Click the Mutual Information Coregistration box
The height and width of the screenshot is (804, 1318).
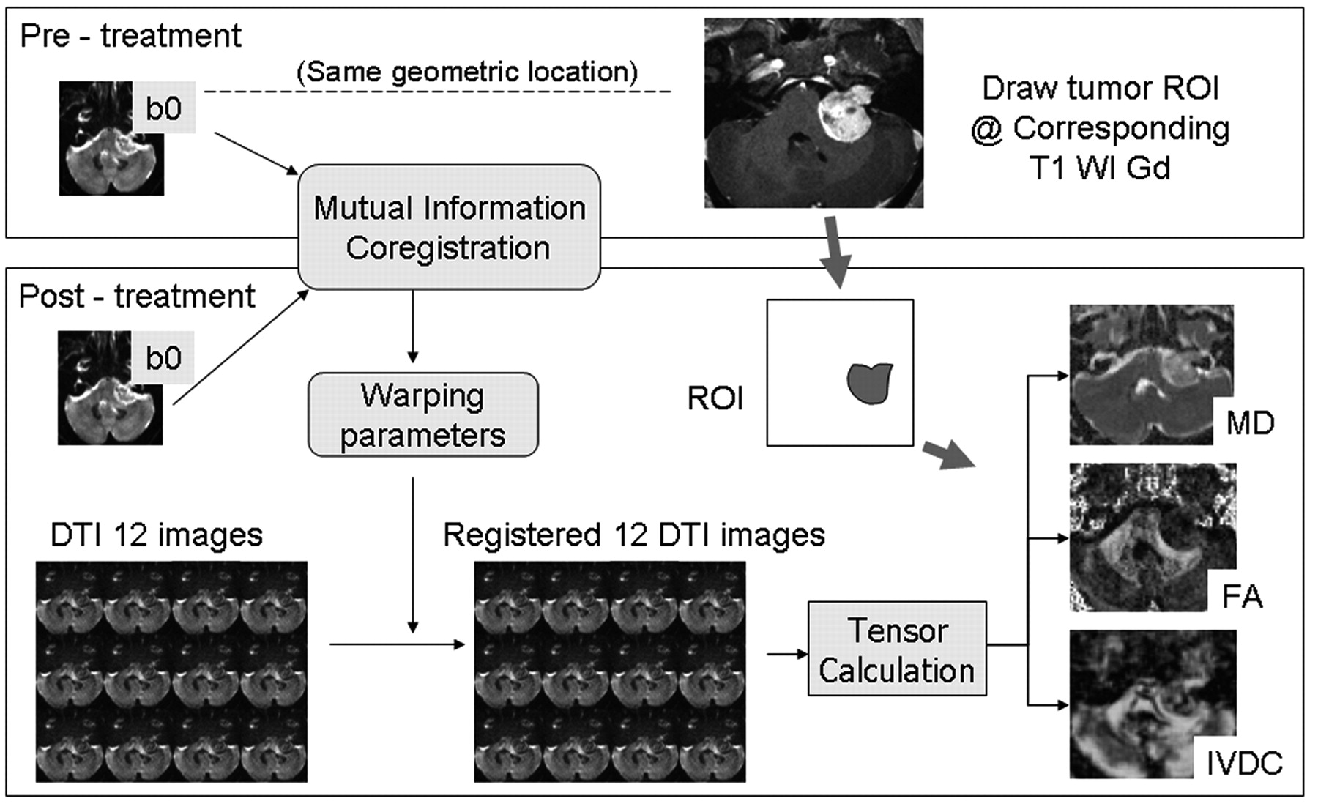click(x=449, y=227)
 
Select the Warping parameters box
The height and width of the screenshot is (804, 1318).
click(x=422, y=415)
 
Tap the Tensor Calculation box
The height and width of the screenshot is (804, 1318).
click(x=897, y=649)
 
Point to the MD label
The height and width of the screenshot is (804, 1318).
click(x=1250, y=423)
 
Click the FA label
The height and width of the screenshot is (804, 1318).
click(x=1243, y=597)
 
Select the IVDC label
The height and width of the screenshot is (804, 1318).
click(x=1244, y=763)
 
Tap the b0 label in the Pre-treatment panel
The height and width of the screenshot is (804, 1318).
click(x=163, y=108)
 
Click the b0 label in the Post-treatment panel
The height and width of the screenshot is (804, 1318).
click(x=163, y=358)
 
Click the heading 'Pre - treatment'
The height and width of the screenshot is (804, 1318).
click(x=130, y=36)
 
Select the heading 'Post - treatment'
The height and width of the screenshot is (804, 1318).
click(x=137, y=297)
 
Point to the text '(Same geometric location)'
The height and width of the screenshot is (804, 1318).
click(x=466, y=72)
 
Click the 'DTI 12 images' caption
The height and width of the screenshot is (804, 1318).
click(x=156, y=535)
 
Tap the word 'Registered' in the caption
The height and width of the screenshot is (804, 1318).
click(x=521, y=535)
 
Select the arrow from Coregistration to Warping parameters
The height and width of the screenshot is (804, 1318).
click(x=413, y=326)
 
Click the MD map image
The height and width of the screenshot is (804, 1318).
click(x=1150, y=375)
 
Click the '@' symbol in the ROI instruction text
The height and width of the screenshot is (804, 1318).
click(x=986, y=130)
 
